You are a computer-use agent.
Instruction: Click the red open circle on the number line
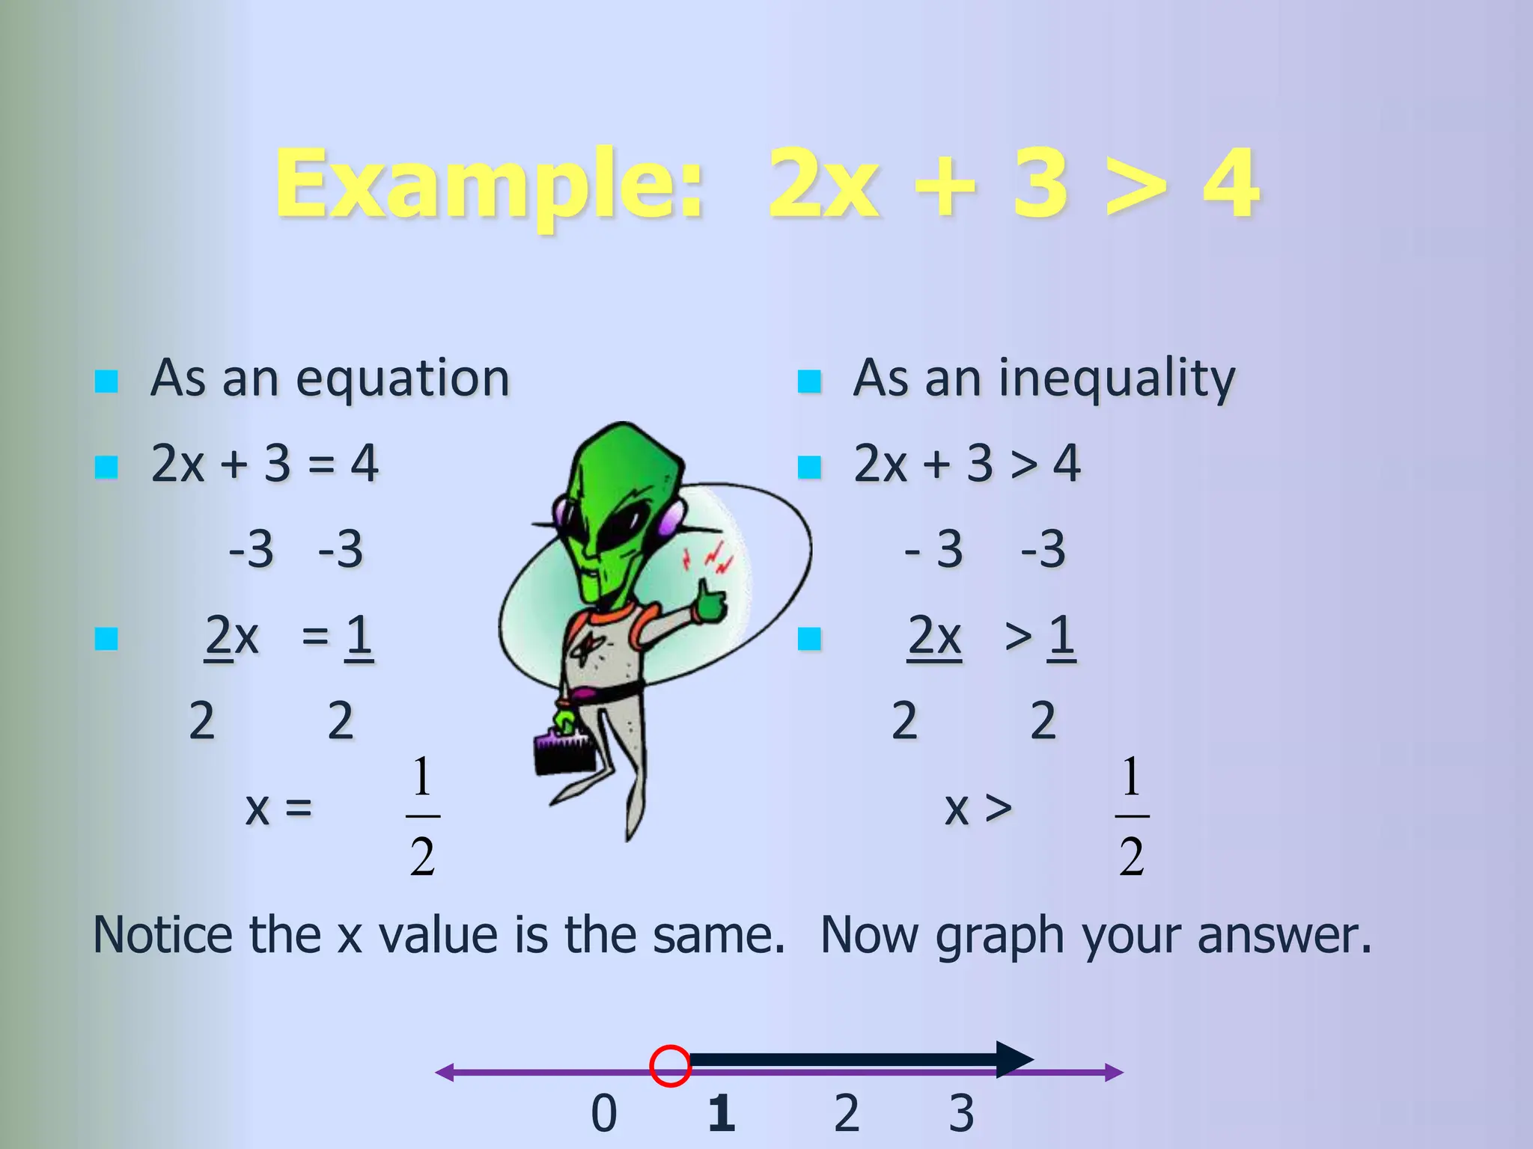click(670, 1065)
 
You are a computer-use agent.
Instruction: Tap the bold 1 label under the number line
click(722, 1113)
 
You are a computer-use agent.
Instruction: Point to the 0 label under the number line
click(604, 1113)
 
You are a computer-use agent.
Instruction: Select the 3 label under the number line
click(962, 1113)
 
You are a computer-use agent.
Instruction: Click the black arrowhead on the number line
click(1014, 1059)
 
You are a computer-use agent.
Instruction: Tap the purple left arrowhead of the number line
click(445, 1073)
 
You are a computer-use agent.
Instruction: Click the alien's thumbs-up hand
click(710, 601)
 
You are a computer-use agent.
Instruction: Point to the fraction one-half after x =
click(422, 815)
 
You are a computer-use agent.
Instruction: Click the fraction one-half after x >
click(1132, 815)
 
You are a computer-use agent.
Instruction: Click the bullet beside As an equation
click(106, 382)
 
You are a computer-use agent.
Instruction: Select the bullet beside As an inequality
click(809, 382)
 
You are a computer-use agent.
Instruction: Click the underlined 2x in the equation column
click(231, 637)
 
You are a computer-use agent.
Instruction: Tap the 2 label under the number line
click(847, 1113)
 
